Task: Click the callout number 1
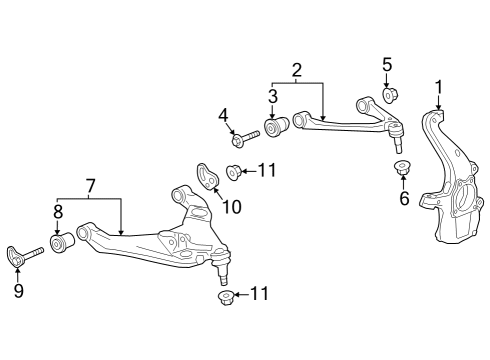[437, 86]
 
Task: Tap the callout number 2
[296, 70]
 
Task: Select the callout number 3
[272, 97]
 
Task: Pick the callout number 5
[387, 67]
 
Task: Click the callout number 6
[405, 199]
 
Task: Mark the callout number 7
[90, 185]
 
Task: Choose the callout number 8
[58, 211]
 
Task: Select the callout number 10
[231, 208]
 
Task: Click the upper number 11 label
[266, 171]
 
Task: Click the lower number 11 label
[260, 294]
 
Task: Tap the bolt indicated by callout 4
[245, 133]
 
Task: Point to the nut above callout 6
[404, 167]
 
